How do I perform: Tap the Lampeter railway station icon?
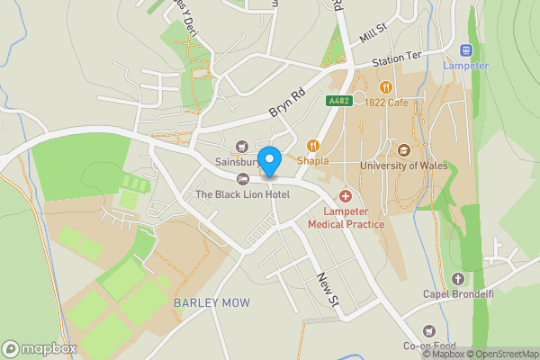(x=466, y=50)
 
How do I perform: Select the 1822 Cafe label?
(x=387, y=103)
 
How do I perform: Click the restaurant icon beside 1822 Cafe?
(x=386, y=87)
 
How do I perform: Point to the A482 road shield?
(x=337, y=102)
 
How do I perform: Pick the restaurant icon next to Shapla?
(x=313, y=146)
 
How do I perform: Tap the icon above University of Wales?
(x=403, y=150)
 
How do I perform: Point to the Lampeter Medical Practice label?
(x=346, y=217)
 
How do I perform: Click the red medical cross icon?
(x=345, y=196)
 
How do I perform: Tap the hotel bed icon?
(x=242, y=178)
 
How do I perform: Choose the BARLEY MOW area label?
(x=212, y=302)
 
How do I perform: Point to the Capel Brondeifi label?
(x=459, y=293)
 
